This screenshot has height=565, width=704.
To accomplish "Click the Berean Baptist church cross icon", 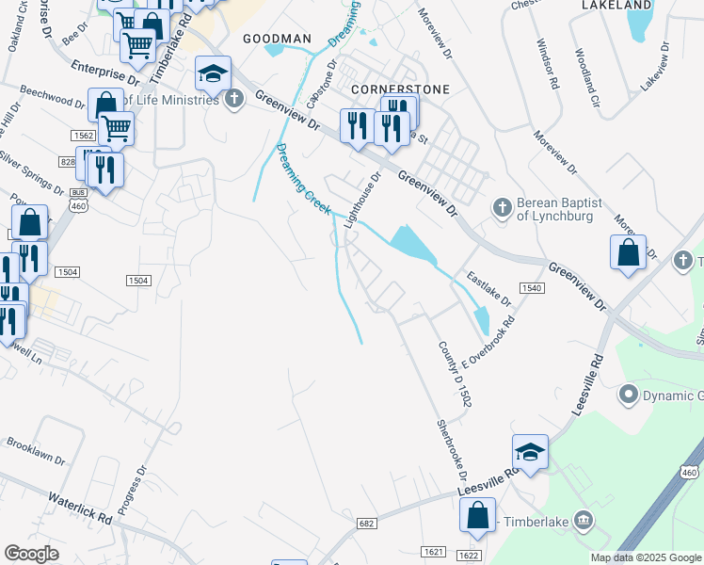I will pyautogui.click(x=503, y=206).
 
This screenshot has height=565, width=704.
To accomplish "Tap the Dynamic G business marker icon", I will pyautogui.click(x=629, y=395).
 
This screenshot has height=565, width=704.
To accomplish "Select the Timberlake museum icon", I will pyautogui.click(x=583, y=519).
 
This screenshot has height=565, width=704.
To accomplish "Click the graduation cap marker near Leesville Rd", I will pyautogui.click(x=530, y=452).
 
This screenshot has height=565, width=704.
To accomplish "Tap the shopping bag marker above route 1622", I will pyautogui.click(x=477, y=515).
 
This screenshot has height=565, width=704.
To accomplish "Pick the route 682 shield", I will pyautogui.click(x=368, y=522).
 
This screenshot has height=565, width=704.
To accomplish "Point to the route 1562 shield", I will pyautogui.click(x=81, y=136).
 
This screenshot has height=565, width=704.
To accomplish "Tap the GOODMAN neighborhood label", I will pyautogui.click(x=277, y=39).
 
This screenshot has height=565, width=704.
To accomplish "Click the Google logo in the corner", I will pyautogui.click(x=31, y=553).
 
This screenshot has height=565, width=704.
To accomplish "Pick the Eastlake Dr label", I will pyautogui.click(x=488, y=289).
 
